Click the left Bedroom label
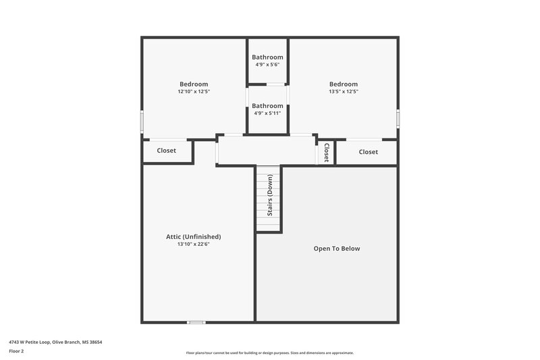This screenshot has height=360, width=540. tap(194, 84)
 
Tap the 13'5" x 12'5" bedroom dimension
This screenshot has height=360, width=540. tap(343, 92)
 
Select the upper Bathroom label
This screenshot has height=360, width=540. tap(267, 57)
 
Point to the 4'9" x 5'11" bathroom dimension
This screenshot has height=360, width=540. tap(267, 113)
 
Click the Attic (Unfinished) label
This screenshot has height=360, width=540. tap(194, 236)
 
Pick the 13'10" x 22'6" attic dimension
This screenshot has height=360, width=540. tap(194, 245)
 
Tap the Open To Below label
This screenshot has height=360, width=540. tap(337, 249)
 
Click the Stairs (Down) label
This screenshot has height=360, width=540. tap(269, 195)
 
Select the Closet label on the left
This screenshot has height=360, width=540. tap(166, 151)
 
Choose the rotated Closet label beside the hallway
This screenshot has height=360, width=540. tap(326, 153)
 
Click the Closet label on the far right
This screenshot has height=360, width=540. tap(368, 152)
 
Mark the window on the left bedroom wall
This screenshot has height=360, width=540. tap(142, 122)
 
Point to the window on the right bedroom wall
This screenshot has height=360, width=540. tap(398, 118)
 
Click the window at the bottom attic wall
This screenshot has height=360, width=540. tap(196, 322)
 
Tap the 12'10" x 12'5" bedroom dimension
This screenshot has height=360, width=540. tap(194, 92)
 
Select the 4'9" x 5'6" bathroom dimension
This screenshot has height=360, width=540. tap(267, 65)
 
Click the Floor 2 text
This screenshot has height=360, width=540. tap(16, 351)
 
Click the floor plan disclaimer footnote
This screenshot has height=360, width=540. tap(269, 353)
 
